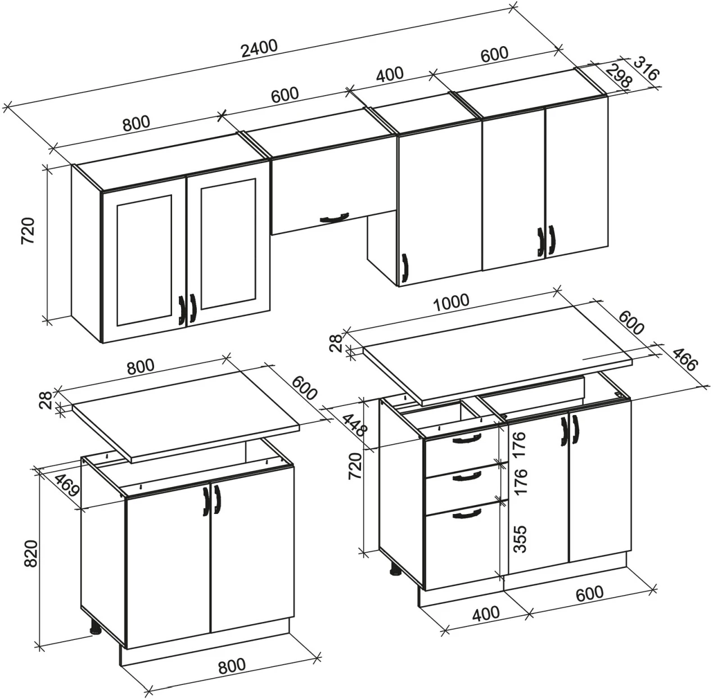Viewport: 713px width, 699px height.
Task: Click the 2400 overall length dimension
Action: pos(259,48)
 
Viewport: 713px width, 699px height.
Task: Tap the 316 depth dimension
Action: pos(647,69)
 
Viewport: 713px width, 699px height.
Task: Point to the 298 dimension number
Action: pos(620,76)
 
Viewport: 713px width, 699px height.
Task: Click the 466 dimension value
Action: pos(684,359)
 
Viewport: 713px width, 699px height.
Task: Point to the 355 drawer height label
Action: pos(520,539)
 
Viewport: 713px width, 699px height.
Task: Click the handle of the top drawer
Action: pos(467,438)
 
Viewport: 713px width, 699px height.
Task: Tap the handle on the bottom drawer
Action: pos(467,513)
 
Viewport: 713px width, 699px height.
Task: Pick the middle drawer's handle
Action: pos(466,476)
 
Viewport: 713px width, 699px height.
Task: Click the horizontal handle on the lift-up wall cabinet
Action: pos(334,218)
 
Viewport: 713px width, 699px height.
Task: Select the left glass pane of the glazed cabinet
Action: pos(145,260)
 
